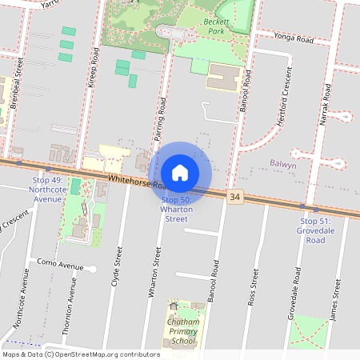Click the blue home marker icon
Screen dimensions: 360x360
click(180, 173)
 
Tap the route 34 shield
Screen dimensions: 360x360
click(234, 196)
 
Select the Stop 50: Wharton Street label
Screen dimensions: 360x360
click(176, 209)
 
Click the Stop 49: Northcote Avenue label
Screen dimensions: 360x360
click(45, 190)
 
